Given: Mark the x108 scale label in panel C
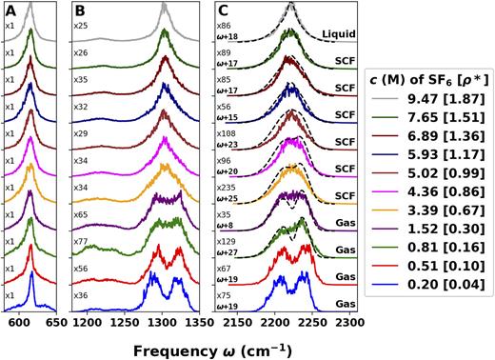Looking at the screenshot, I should point(225,134).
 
